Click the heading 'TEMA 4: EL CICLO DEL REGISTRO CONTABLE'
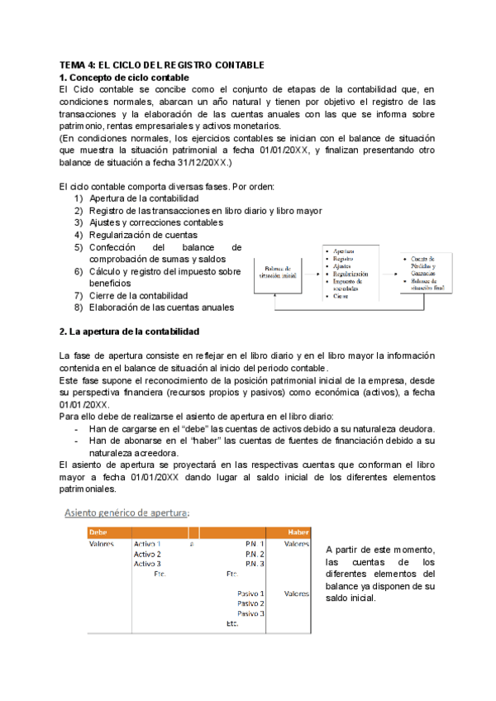coord(161,64)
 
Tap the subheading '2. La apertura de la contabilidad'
coord(129,331)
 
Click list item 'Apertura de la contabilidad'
coord(143,199)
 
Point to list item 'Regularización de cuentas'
coord(144,235)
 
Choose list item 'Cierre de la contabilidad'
coord(138,295)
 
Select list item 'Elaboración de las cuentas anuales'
coord(161,308)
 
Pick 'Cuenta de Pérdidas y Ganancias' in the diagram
coord(428,266)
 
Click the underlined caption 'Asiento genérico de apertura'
coord(127,513)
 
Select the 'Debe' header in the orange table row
coord(97,532)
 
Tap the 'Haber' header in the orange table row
coord(298,532)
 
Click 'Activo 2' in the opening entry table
coord(147,554)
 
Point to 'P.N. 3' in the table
coord(255,564)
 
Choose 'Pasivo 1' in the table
coord(250,594)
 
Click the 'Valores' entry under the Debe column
coord(101,544)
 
